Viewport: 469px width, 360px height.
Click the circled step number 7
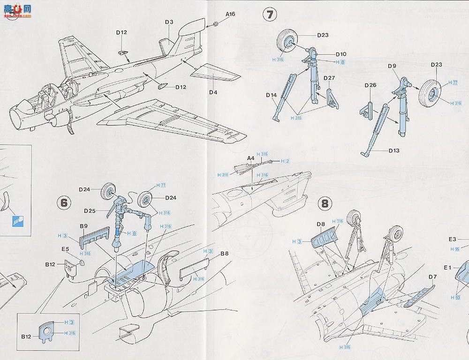pyautogui.click(x=270, y=15)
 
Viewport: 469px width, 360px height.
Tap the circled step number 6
pyautogui.click(x=64, y=202)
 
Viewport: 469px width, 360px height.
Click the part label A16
pyautogui.click(x=230, y=14)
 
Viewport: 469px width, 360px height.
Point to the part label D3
pyautogui.click(x=169, y=22)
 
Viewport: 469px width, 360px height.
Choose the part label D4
pyautogui.click(x=213, y=92)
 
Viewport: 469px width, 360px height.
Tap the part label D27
pyautogui.click(x=329, y=78)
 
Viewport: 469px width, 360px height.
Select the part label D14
pyautogui.click(x=271, y=95)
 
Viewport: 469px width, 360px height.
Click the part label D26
pyautogui.click(x=371, y=85)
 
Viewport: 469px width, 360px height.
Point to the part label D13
pyautogui.click(x=395, y=150)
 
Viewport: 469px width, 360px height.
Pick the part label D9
pyautogui.click(x=393, y=66)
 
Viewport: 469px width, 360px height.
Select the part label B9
pyautogui.click(x=84, y=226)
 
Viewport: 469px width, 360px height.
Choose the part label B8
pyautogui.click(x=224, y=254)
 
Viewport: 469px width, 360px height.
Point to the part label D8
pyautogui.click(x=321, y=224)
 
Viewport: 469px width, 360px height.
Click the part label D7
pyautogui.click(x=432, y=277)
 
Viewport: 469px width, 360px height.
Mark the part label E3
pyautogui.click(x=452, y=239)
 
